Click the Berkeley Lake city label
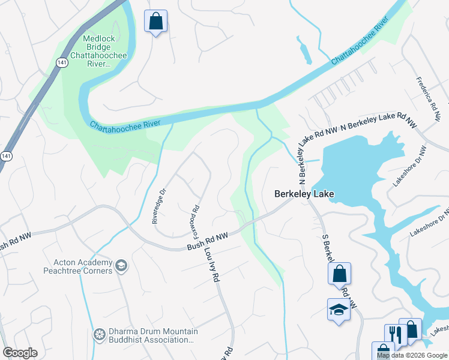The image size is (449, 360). click(x=304, y=194)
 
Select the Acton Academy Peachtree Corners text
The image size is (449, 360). click(x=83, y=266)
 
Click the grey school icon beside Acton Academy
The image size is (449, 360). click(x=121, y=266)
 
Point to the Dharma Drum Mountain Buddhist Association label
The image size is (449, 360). click(x=151, y=335)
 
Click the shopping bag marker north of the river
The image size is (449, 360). click(x=156, y=22)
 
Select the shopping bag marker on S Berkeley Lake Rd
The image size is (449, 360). click(x=339, y=273)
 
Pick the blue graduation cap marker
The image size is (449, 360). click(x=339, y=310)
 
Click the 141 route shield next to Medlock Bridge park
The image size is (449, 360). click(x=62, y=62)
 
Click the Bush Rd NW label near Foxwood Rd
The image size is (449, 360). click(x=206, y=241)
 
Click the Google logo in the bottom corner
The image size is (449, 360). click(x=20, y=353)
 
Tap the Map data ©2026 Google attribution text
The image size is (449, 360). click(x=412, y=355)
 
